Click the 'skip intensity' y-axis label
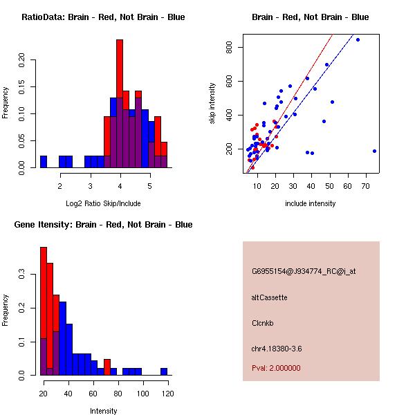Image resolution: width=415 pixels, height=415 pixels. pyautogui.click(x=213, y=104)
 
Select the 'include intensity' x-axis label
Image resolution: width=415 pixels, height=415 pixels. pyautogui.click(x=311, y=203)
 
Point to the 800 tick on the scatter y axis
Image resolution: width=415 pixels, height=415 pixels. pyautogui.click(x=232, y=47)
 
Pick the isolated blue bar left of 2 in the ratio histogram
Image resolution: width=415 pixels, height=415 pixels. pyautogui.click(x=44, y=162)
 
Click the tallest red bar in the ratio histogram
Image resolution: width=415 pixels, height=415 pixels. pyautogui.click(x=120, y=104)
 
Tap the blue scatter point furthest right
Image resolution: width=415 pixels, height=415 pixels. pyautogui.click(x=374, y=151)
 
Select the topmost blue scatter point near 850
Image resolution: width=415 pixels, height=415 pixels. pyautogui.click(x=358, y=40)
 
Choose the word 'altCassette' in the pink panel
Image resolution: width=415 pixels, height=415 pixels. pyautogui.click(x=270, y=297)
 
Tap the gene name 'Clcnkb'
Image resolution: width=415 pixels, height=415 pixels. pyautogui.click(x=264, y=322)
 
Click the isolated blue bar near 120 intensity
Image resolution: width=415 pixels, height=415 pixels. pyautogui.click(x=164, y=371)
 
